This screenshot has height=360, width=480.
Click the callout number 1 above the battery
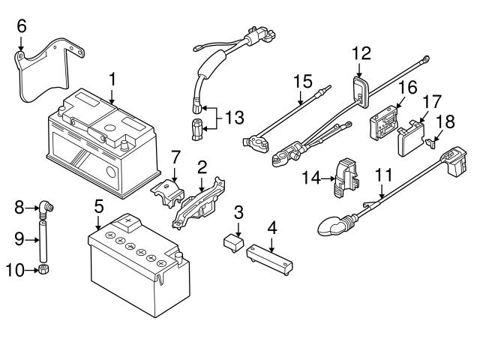112,78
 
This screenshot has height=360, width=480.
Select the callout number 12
361,52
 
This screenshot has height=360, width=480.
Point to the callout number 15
301,79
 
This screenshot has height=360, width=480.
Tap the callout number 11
383,175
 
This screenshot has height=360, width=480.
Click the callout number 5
98,204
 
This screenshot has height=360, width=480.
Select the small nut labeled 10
43,269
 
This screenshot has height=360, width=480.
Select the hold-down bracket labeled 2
199,201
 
